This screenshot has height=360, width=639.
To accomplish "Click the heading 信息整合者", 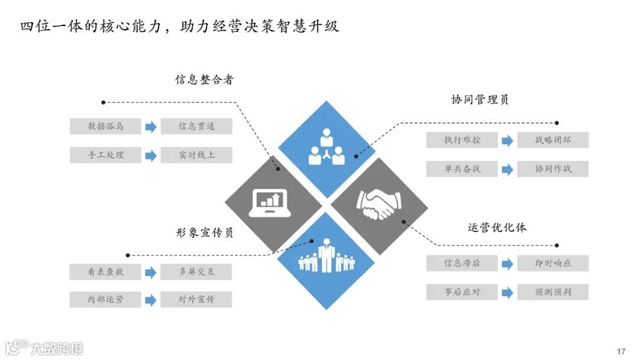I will [204, 79].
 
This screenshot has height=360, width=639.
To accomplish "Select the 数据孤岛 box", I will [106, 126].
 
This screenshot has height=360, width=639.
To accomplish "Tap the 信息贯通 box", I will [196, 126].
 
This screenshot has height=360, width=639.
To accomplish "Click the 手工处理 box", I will [106, 155].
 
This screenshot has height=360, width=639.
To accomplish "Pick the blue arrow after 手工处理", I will [151, 156].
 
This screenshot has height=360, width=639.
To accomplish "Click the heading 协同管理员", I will [480, 99].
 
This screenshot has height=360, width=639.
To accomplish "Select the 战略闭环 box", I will [553, 140].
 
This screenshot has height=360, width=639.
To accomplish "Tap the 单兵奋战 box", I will [462, 169].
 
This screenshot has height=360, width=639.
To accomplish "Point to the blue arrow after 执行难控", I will [507, 141].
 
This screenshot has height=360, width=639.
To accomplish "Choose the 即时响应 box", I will [553, 263].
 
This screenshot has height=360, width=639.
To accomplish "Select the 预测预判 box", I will [553, 292].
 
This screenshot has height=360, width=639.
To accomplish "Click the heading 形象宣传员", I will [204, 232].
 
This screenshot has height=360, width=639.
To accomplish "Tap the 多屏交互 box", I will [196, 272].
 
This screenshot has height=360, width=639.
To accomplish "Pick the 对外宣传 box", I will [196, 300].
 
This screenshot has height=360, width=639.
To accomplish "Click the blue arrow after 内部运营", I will [151, 300].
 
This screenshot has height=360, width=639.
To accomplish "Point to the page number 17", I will [621, 352].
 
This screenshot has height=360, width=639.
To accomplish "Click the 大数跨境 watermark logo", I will [45, 348].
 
